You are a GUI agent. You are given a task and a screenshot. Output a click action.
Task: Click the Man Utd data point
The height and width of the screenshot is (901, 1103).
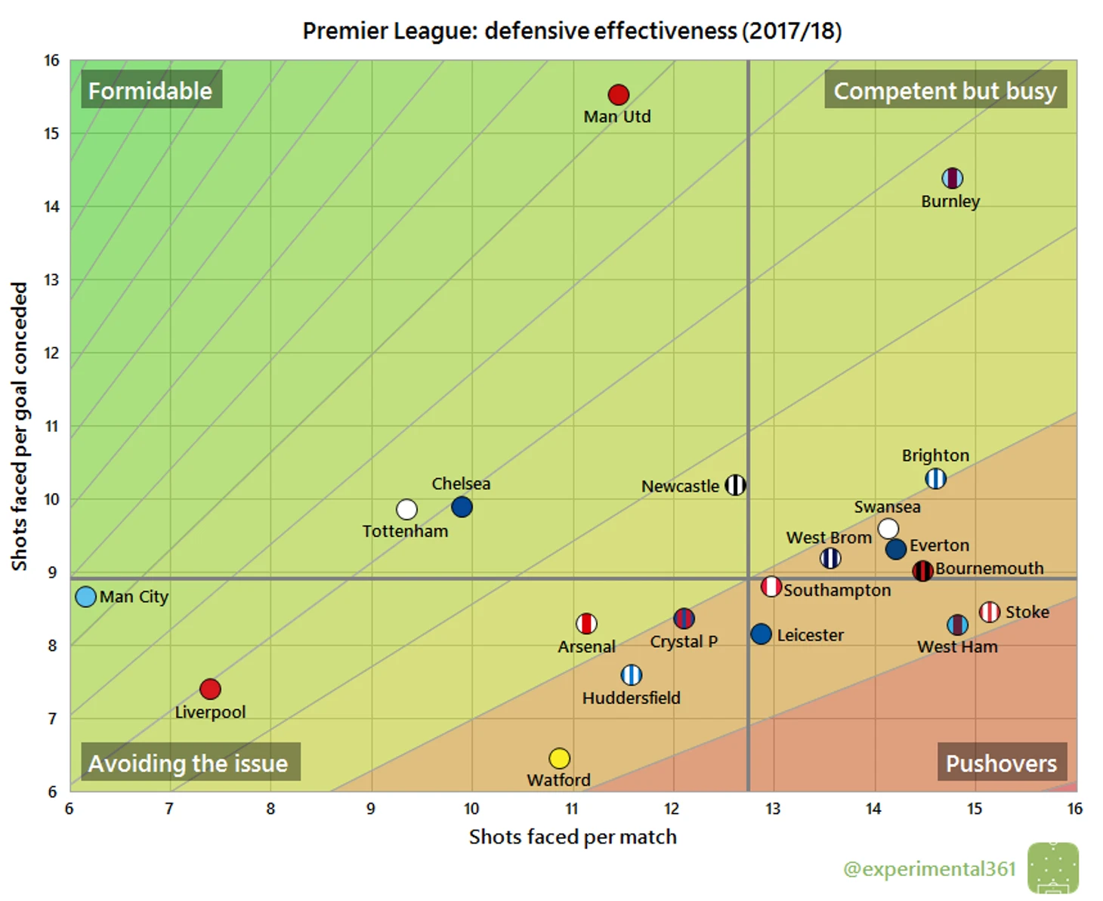(618, 94)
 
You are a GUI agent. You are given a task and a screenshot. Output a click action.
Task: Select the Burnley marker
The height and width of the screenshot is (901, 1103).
(952, 178)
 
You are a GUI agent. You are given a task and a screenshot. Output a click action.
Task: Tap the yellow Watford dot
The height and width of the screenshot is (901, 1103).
(559, 758)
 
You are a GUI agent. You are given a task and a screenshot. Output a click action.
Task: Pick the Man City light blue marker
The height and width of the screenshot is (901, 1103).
(86, 597)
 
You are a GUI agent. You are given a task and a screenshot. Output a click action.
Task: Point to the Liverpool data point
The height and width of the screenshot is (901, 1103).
(210, 689)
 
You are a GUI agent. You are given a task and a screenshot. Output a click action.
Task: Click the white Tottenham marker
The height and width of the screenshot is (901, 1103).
(406, 510)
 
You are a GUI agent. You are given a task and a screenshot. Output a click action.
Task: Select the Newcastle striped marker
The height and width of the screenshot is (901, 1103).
(735, 485)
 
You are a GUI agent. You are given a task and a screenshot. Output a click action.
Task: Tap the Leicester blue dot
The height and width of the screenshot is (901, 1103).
(761, 634)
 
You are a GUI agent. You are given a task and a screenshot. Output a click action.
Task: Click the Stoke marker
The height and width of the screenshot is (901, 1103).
(990, 612)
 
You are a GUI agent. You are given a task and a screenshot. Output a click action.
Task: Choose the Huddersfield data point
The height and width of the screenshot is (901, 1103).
(631, 674)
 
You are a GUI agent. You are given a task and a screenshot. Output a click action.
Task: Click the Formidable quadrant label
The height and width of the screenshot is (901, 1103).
(150, 91)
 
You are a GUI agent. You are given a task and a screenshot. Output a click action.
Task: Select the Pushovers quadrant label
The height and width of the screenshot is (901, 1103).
(1001, 763)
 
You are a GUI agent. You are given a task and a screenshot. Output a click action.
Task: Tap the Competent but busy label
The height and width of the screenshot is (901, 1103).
(944, 91)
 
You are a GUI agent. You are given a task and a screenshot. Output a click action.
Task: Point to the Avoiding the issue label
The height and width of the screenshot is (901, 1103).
(189, 763)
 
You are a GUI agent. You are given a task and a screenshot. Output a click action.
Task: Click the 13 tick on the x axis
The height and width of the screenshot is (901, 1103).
(773, 809)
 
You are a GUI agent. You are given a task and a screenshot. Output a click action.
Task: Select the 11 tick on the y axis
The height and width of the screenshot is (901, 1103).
(51, 426)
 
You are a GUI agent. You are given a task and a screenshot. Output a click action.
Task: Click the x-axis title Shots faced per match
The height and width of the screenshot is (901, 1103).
(573, 837)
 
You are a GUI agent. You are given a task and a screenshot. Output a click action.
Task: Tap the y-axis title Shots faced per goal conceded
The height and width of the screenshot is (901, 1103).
(19, 426)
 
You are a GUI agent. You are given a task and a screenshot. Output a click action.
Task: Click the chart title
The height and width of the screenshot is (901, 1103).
(572, 31)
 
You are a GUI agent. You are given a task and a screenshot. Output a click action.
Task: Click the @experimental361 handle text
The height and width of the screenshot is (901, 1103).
(929, 869)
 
